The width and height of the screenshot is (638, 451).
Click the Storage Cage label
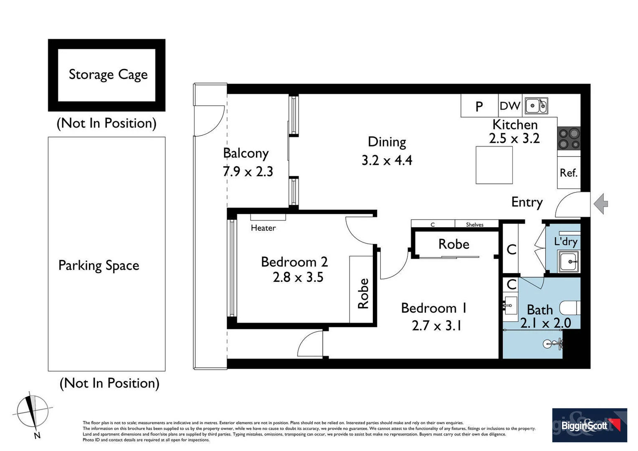[108, 74]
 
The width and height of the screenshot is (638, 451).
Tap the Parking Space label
[99, 266]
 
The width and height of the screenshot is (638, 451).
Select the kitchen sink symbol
[536, 106]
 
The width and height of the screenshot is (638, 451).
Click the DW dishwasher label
[510, 106]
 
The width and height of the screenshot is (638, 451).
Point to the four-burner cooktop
[569, 139]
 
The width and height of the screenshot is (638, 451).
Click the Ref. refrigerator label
[568, 172]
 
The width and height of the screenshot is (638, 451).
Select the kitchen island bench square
[494, 165]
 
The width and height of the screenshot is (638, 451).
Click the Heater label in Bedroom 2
[263, 228]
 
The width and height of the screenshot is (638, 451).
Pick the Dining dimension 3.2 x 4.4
[387, 160]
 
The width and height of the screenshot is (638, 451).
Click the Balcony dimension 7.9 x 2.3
[248, 172]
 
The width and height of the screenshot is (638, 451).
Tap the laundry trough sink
[569, 262]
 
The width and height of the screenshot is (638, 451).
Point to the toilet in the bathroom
[570, 308]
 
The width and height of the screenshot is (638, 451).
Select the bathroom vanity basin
[510, 306]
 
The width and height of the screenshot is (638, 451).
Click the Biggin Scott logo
[589, 425]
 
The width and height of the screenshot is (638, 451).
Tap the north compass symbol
[32, 411]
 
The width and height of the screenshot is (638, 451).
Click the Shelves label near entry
[474, 225]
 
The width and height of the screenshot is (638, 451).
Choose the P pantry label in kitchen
[479, 107]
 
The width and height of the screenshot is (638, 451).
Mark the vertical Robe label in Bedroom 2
[363, 294]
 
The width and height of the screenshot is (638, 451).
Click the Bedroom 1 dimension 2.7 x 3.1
[436, 325]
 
